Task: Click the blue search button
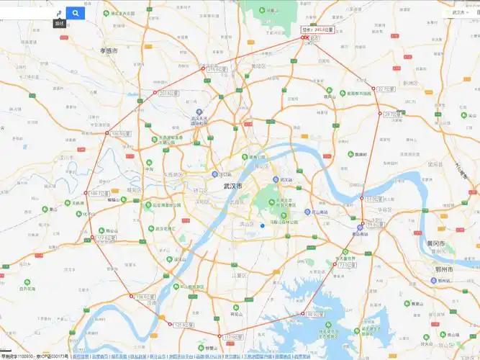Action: (x=75, y=13)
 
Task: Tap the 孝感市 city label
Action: (x=109, y=50)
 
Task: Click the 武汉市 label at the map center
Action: (x=233, y=186)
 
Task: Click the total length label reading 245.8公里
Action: (x=317, y=30)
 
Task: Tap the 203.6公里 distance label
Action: (x=167, y=92)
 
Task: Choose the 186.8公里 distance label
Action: (x=120, y=133)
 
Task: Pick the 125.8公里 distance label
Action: (x=183, y=325)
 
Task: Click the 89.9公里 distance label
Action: (x=314, y=314)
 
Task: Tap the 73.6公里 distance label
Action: (x=343, y=265)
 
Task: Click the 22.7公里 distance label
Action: (x=386, y=89)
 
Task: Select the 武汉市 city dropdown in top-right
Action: (x=458, y=12)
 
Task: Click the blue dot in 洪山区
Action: (x=263, y=225)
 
